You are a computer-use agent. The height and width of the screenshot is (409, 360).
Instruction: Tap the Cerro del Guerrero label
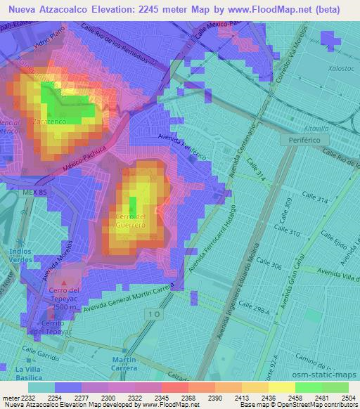131,220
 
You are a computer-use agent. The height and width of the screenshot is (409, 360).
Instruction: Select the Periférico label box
304,141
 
